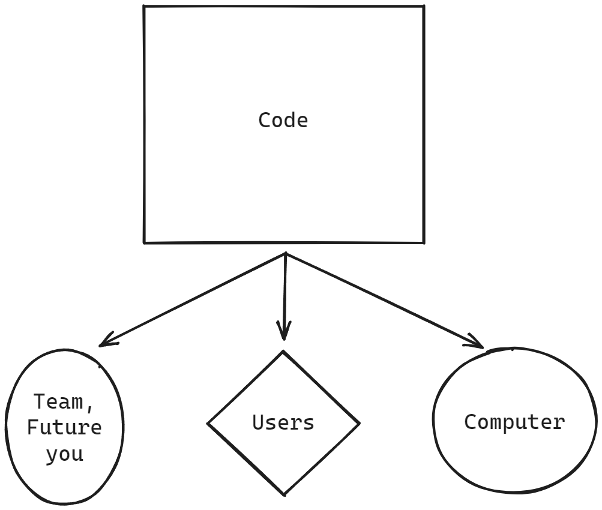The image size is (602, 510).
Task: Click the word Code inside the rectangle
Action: click(283, 121)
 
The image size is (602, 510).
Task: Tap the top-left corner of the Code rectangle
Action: click(144, 7)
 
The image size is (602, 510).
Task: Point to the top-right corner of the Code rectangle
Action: click(424, 7)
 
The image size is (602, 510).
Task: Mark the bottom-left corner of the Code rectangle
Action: click(144, 242)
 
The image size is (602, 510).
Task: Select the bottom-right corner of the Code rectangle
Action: click(424, 243)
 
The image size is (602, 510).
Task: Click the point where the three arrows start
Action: click(286, 254)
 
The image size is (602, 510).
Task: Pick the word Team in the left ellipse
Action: click(58, 401)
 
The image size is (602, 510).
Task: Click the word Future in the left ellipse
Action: click(64, 428)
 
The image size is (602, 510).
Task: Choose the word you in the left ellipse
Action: click(64, 454)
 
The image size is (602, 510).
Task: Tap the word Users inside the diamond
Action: click(283, 423)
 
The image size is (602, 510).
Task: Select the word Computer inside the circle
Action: click(514, 422)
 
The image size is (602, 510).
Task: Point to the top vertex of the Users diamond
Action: click(283, 352)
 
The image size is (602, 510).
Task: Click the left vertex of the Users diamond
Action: click(208, 424)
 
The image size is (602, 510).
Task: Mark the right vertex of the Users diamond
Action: click(359, 424)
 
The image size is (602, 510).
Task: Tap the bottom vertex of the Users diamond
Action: click(283, 495)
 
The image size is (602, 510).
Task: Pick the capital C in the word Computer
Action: click(471, 422)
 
